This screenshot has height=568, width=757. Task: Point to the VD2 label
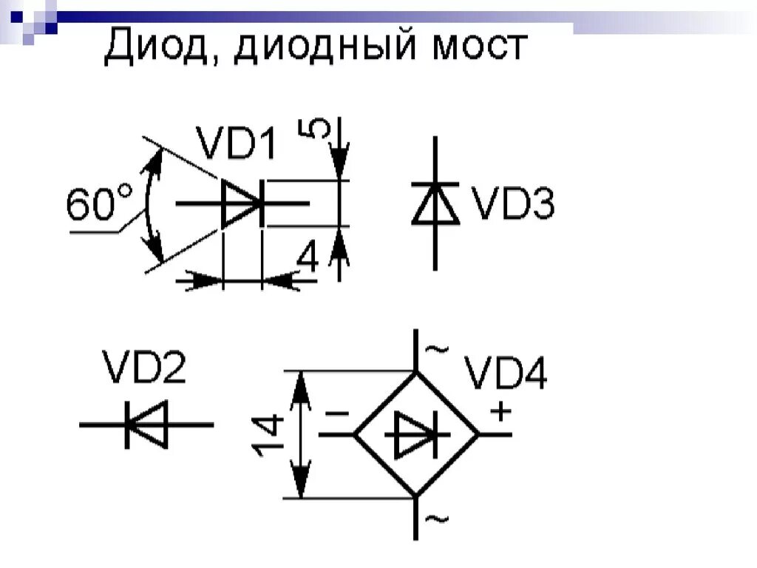click(x=144, y=367)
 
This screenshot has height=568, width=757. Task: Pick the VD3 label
click(x=513, y=204)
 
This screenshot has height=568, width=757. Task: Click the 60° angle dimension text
click(x=100, y=204)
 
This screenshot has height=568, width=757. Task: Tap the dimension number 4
click(x=308, y=260)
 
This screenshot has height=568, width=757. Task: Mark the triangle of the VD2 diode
click(x=150, y=425)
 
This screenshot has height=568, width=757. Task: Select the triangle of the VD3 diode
click(x=435, y=204)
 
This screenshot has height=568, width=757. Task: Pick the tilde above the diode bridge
click(x=438, y=349)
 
